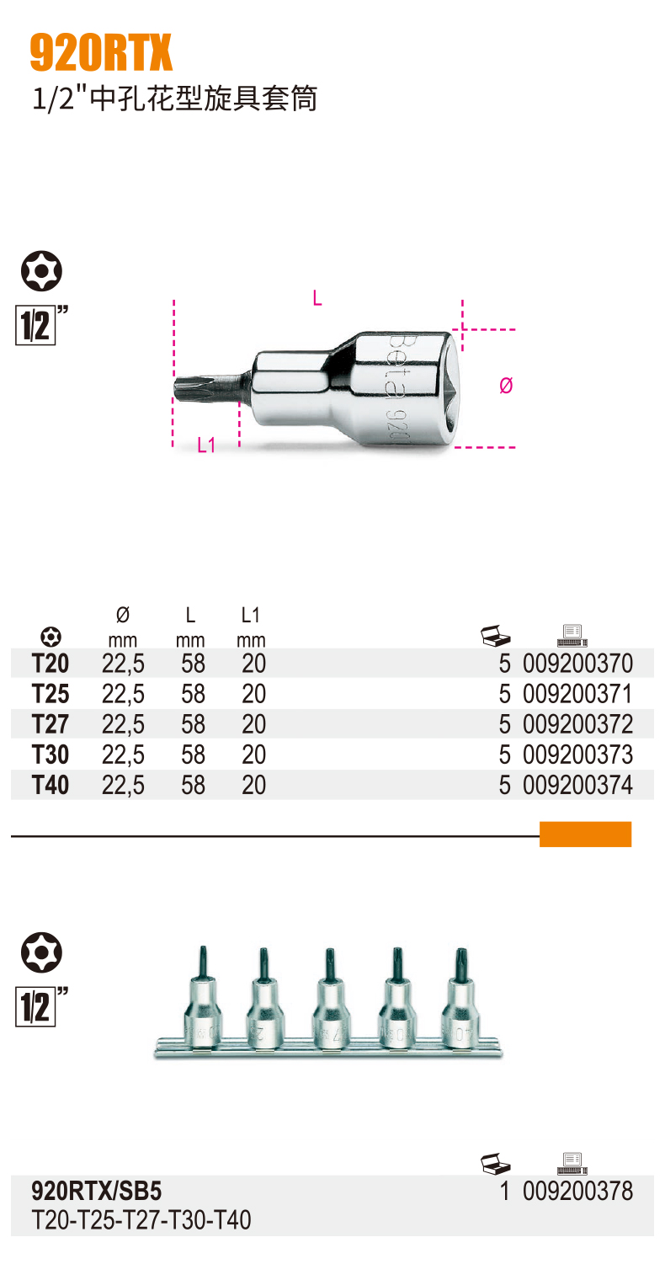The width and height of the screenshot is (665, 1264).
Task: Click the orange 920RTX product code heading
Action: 101,52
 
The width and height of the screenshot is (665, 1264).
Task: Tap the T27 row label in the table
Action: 51,724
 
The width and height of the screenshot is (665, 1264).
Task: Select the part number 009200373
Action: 577,755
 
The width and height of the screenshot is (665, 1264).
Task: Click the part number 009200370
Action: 577,663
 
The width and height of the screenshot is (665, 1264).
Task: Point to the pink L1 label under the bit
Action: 206,445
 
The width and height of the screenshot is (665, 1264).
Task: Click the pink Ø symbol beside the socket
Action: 506,386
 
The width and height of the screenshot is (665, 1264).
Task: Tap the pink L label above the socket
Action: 317,297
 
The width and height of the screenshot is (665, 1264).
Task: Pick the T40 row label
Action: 51,785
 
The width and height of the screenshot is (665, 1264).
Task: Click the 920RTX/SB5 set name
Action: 97,1191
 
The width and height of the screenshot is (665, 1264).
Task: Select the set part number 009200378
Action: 577,1191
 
